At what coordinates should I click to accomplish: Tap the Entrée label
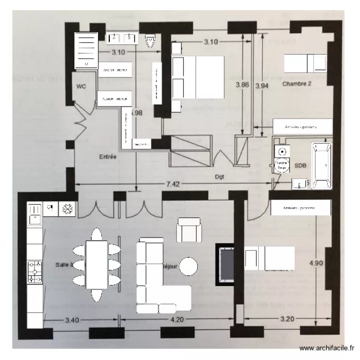click(x=108, y=156)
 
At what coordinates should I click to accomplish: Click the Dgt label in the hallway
click(x=220, y=176)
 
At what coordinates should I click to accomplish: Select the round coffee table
click(x=189, y=266)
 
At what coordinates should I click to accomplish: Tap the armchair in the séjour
click(x=190, y=229)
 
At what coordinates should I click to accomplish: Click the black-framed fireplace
click(x=225, y=264)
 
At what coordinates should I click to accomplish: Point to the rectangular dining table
click(x=96, y=264)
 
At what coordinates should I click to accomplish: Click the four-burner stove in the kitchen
click(x=35, y=271)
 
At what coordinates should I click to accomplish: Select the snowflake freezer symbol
click(x=67, y=209)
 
